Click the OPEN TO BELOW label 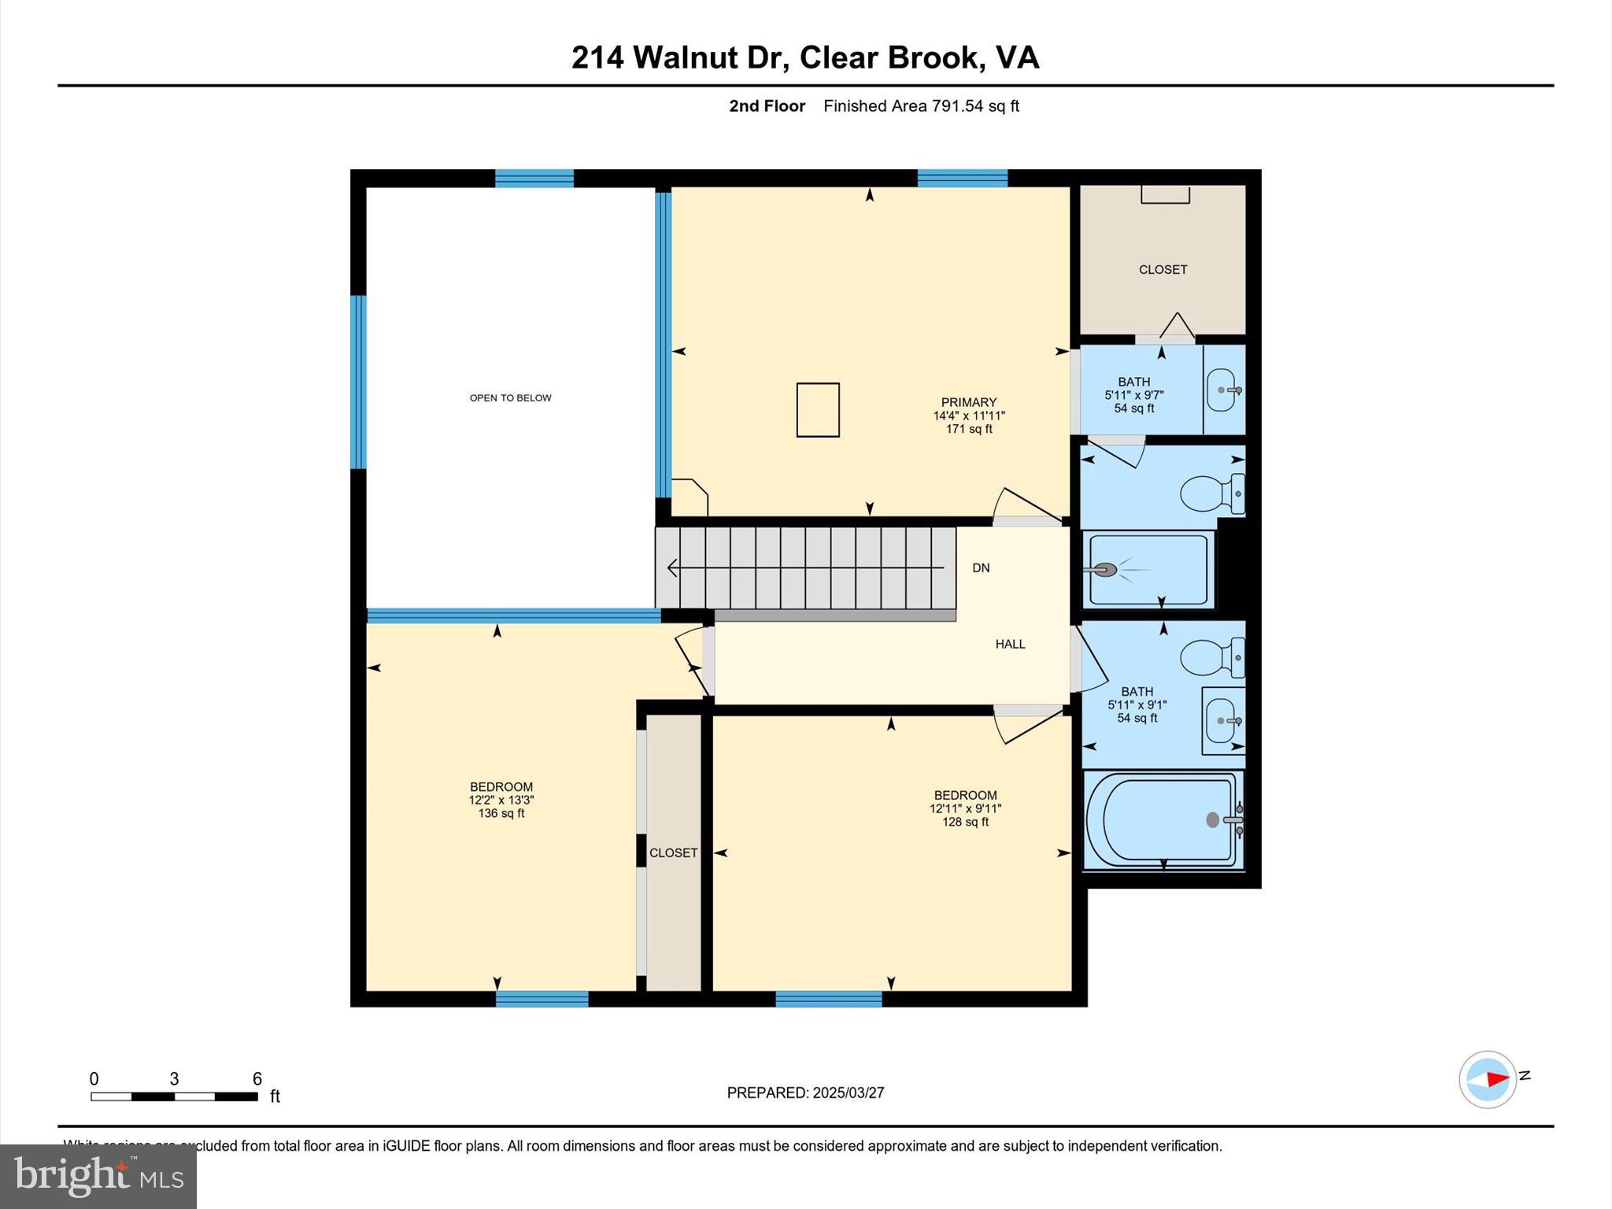click(x=510, y=397)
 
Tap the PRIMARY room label click(x=968, y=402)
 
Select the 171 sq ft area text click(x=968, y=429)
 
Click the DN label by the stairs click(x=980, y=568)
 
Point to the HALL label click(x=1010, y=644)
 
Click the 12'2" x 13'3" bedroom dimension click(x=501, y=800)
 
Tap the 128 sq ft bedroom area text click(x=965, y=822)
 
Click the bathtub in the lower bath click(x=1162, y=820)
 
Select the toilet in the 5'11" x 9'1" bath click(x=1211, y=657)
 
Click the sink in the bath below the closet click(x=1222, y=390)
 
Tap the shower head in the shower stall click(x=1105, y=569)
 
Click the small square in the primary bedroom click(x=818, y=409)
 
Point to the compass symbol click(x=1487, y=1079)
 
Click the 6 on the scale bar click(x=257, y=1079)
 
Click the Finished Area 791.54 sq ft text click(x=921, y=105)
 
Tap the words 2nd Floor click(x=767, y=105)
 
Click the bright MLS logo click(x=98, y=1175)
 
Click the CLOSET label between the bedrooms click(x=673, y=852)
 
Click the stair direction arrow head click(x=671, y=567)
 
